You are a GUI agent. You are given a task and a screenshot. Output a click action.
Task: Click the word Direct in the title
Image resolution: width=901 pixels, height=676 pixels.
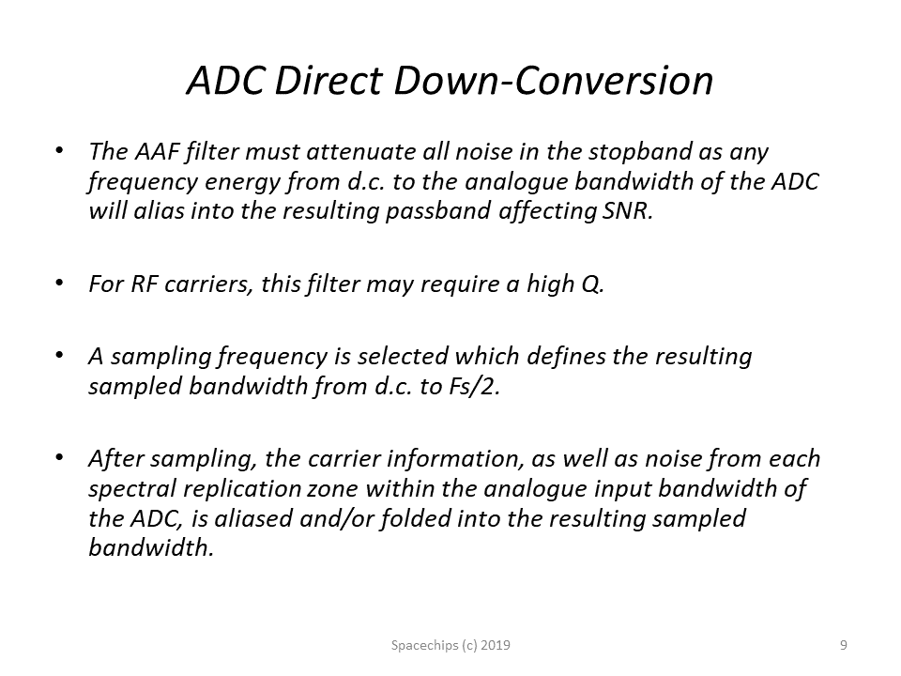328,81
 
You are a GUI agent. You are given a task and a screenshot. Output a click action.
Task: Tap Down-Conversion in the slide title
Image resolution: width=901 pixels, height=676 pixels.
554,81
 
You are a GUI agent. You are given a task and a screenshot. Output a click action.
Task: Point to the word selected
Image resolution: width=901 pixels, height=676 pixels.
403,357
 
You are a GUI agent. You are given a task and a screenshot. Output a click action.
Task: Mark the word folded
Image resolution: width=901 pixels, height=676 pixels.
410,518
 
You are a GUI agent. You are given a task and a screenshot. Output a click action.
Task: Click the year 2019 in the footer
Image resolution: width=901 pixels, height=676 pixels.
496,646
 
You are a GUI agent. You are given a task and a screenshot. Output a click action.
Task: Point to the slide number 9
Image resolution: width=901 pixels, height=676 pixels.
844,646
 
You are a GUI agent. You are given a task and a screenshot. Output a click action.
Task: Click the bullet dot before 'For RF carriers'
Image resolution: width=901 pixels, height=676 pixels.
58,283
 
